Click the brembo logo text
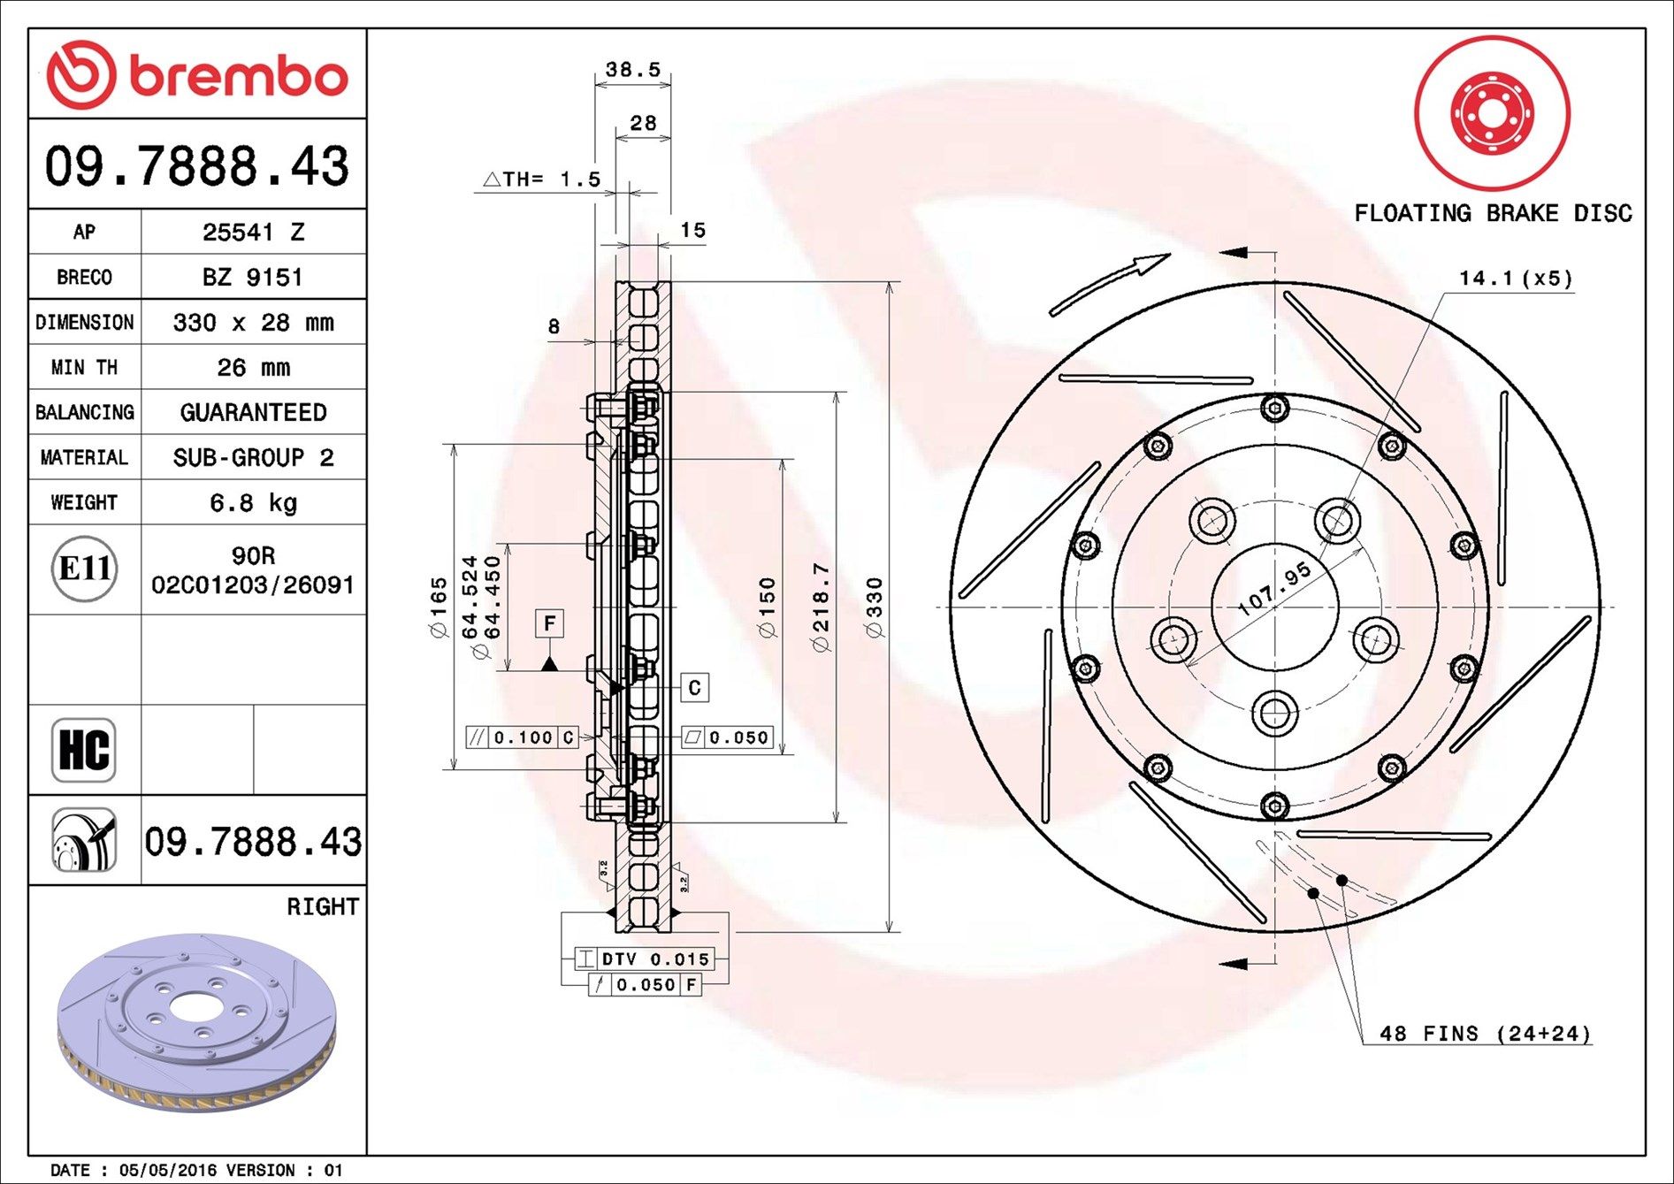click(239, 76)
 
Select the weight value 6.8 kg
click(253, 503)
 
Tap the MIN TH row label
click(84, 367)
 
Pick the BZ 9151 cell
click(253, 277)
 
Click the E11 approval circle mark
click(84, 568)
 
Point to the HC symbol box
click(84, 750)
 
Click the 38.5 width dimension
click(632, 69)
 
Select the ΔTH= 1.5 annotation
click(542, 180)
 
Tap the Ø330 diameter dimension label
click(874, 607)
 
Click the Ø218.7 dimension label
click(821, 607)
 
